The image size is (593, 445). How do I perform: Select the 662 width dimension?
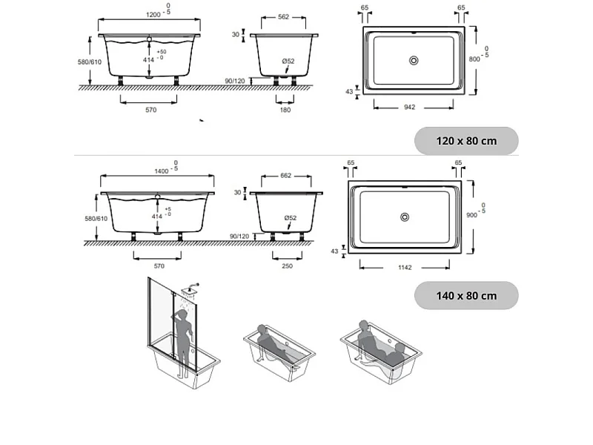(285, 176)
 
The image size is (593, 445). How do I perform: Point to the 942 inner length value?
(409, 107)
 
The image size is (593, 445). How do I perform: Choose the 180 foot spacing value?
(285, 110)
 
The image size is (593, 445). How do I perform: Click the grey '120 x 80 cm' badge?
(466, 141)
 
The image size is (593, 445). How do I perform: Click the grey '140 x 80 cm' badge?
(466, 295)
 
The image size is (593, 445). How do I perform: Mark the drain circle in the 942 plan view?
(414, 60)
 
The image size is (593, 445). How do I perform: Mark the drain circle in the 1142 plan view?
(405, 217)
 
